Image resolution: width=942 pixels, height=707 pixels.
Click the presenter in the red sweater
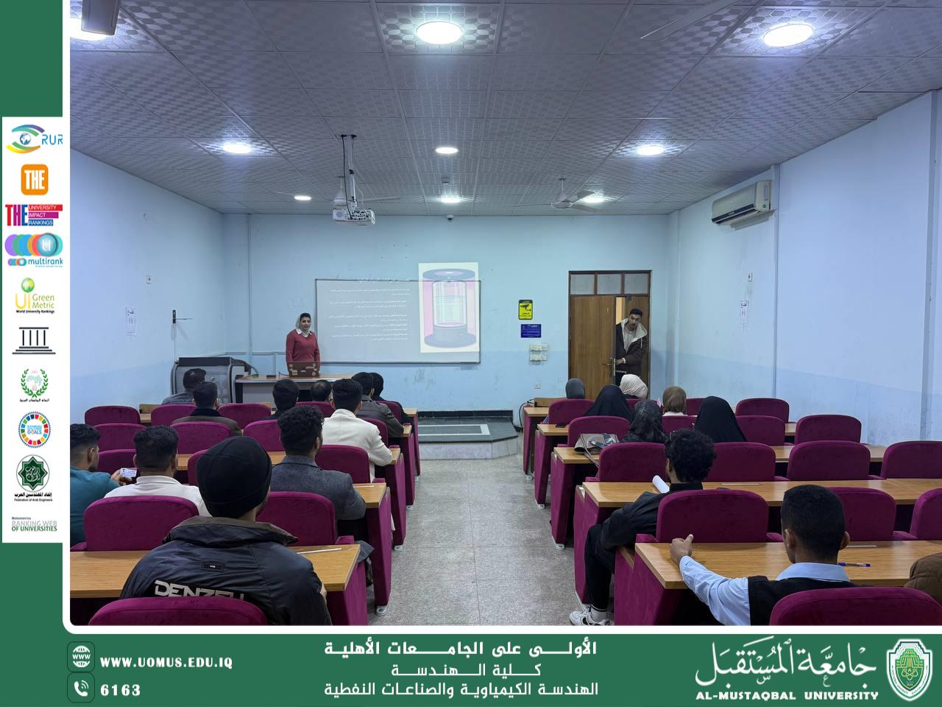click(302, 344)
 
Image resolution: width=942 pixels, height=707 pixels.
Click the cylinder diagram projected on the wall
click(448, 306)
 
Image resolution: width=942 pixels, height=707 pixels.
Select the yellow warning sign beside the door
click(525, 309)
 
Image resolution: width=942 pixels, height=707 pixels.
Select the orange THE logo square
click(34, 179)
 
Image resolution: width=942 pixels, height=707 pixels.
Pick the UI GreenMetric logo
click(34, 296)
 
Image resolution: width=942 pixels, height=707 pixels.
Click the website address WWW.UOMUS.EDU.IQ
click(166, 662)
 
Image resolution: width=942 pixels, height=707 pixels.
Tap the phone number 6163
click(121, 690)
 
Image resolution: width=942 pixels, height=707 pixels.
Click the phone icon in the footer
click(81, 688)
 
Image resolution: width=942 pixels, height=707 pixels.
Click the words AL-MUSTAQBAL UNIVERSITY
click(787, 694)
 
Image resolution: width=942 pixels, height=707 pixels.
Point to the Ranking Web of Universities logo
click(34, 524)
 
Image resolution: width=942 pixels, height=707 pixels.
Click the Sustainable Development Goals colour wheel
click(33, 429)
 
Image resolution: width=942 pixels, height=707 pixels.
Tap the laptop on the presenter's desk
click(301, 370)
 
